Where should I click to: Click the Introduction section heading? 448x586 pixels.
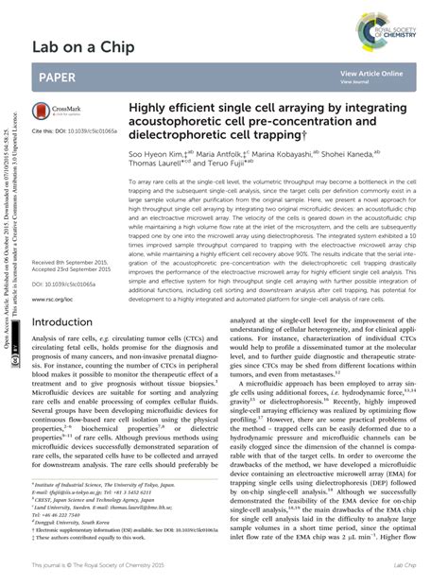pyautogui.click(x=70, y=322)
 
